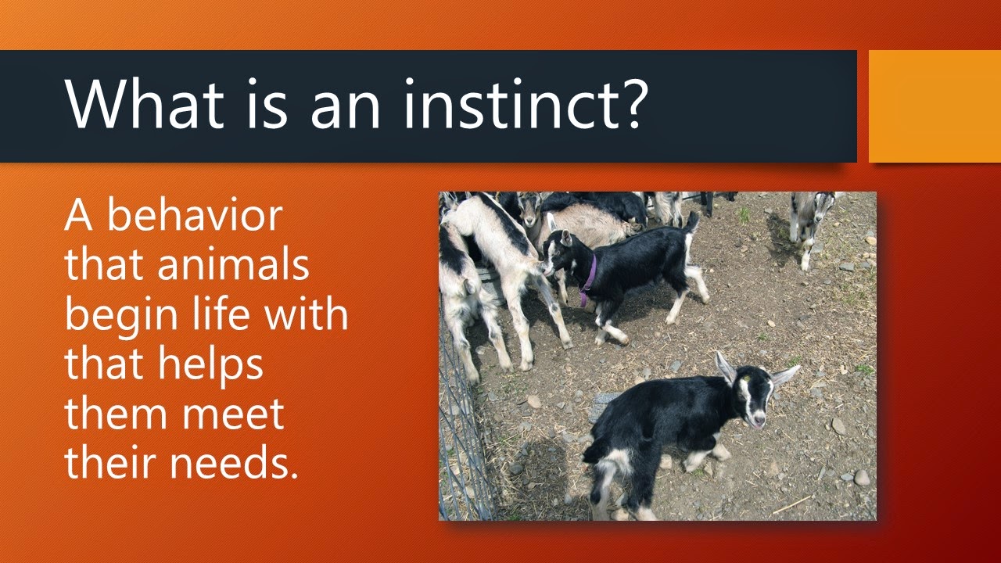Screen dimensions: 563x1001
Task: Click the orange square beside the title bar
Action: [935, 106]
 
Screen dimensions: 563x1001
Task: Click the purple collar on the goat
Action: [589, 278]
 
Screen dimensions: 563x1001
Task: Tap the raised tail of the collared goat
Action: [691, 224]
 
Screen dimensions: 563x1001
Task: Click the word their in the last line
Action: [109, 464]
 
